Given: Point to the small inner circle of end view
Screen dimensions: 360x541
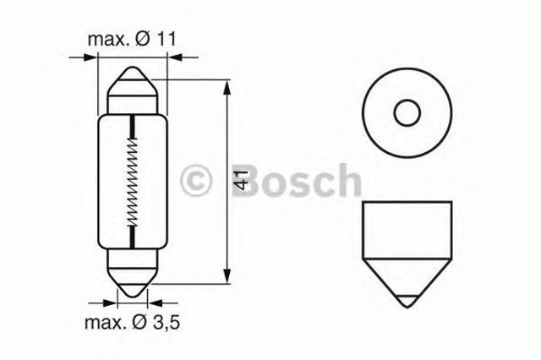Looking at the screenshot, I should point(407,112).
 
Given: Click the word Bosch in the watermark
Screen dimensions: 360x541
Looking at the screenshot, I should point(288,181).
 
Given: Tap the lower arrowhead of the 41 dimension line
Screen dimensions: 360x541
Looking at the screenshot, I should point(226,278).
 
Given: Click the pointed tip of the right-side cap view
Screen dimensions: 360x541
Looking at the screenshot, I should point(407,302).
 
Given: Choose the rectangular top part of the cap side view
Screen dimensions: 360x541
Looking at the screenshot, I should point(407,224).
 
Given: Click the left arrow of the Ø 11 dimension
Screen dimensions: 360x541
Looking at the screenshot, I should point(92,57).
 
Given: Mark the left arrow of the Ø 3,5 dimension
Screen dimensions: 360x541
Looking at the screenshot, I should point(110,300).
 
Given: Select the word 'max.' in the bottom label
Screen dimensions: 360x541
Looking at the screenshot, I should point(102,322).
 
